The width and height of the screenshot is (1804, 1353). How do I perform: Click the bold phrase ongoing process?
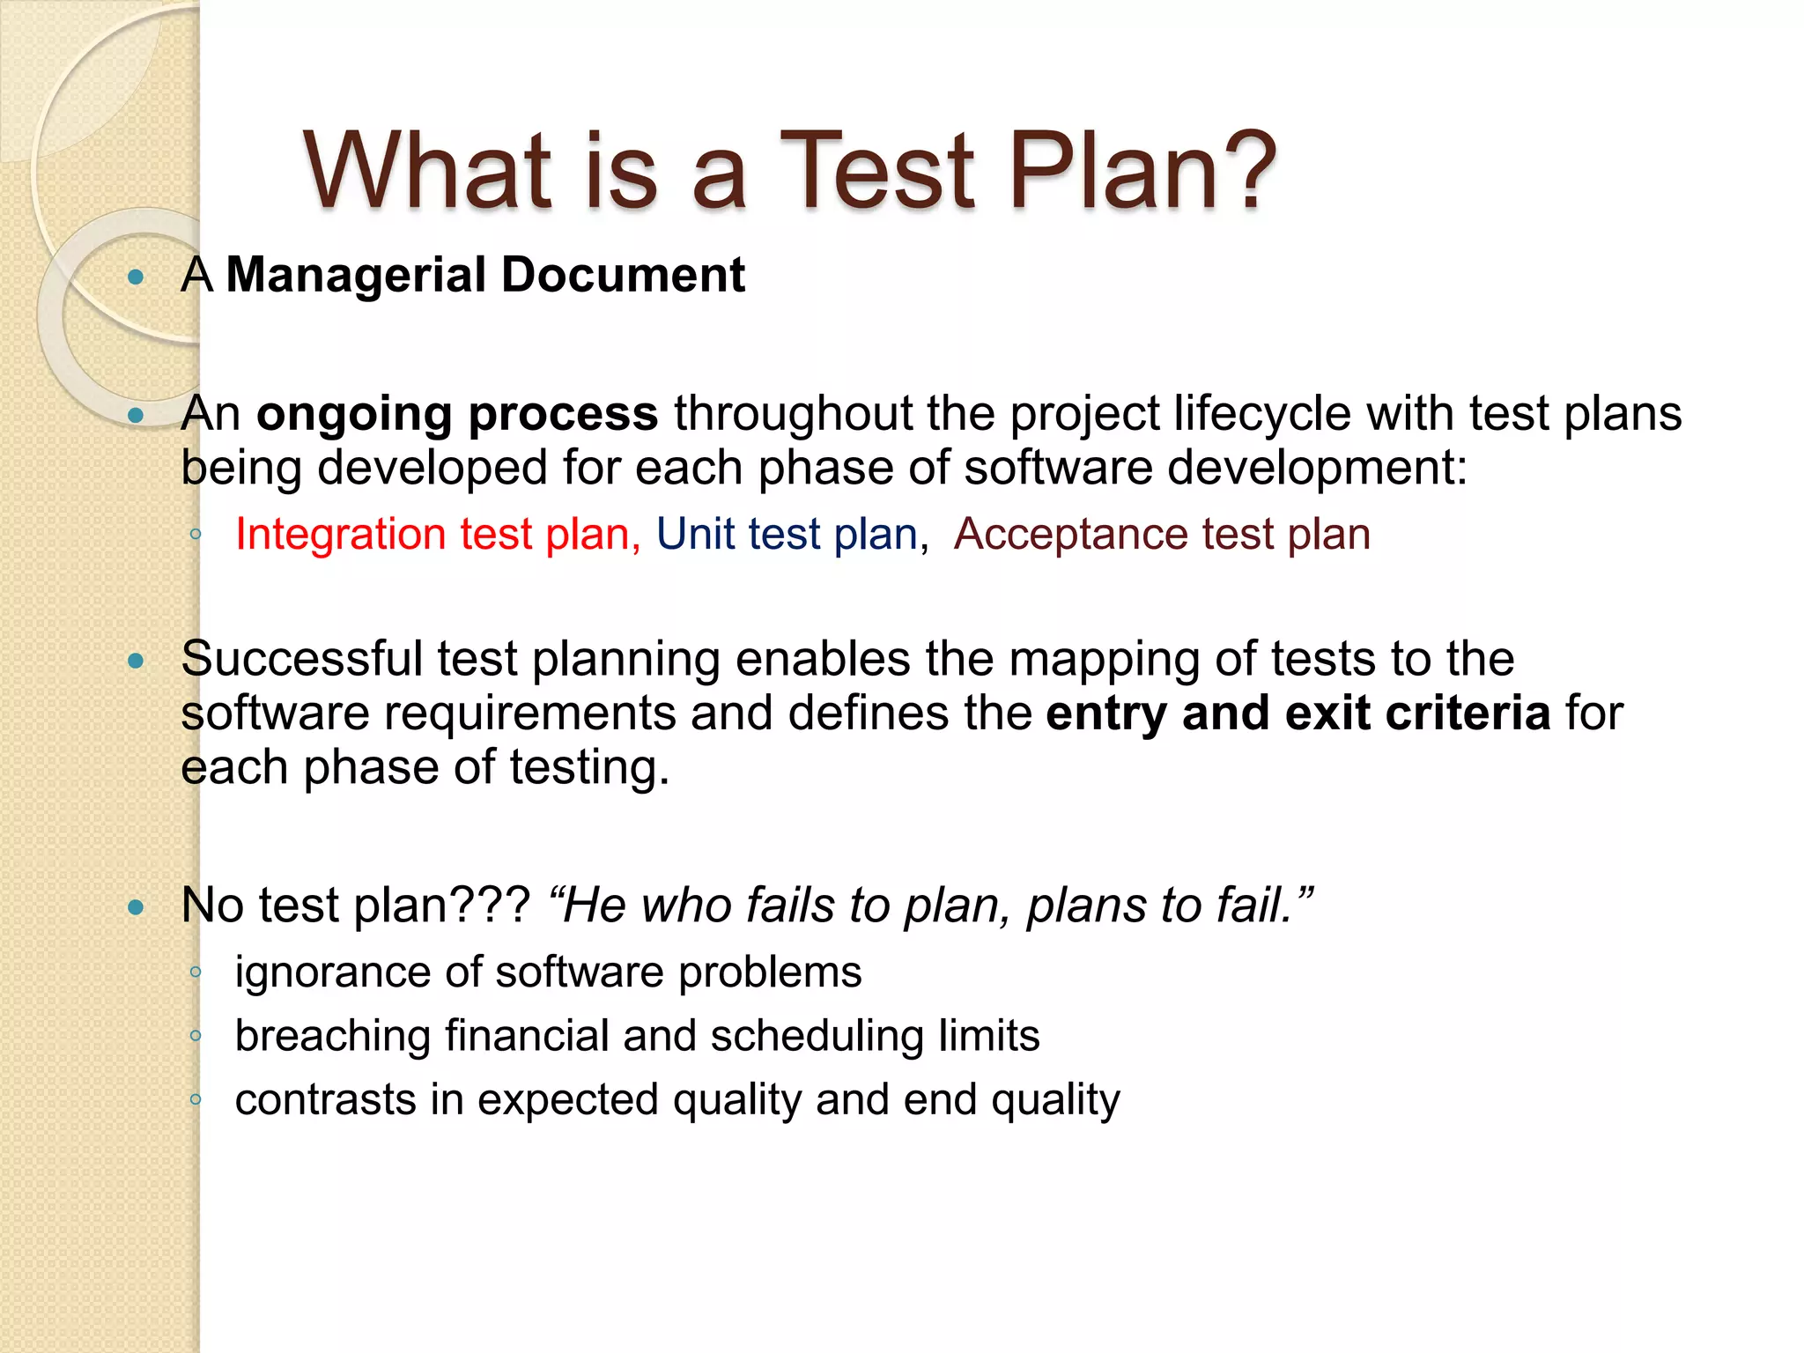pyautogui.click(x=456, y=414)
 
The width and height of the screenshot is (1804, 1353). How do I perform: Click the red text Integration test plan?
pyautogui.click(x=437, y=534)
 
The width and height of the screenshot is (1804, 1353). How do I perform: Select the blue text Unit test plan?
pyautogui.click(x=787, y=534)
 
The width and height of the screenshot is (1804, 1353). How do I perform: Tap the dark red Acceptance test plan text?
pyautogui.click(x=1161, y=534)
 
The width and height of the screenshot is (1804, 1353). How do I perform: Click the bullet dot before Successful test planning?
pyautogui.click(x=136, y=661)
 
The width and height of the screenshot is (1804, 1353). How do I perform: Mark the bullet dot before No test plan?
pyautogui.click(x=136, y=906)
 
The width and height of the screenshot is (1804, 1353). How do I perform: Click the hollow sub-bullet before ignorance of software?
pyautogui.click(x=196, y=972)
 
